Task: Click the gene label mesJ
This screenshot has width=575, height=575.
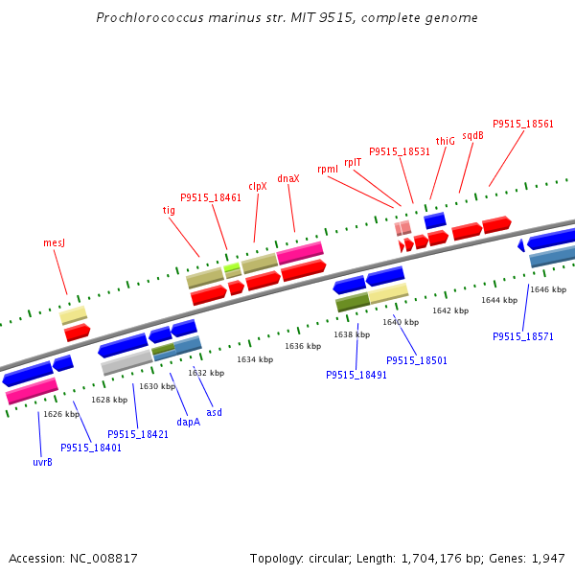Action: coord(54,243)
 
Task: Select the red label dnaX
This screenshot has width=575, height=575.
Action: coord(288,178)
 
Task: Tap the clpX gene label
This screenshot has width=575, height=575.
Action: coord(258,187)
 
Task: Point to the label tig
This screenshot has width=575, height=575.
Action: coord(169,210)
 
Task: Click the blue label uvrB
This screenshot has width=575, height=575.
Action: coord(42,462)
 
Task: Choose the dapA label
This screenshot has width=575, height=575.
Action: coord(189,422)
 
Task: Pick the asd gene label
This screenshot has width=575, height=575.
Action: coord(215,412)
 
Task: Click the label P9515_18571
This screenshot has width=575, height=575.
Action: coord(523,336)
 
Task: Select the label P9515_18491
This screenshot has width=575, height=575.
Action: coord(356,375)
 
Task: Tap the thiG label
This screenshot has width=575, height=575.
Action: coord(446,141)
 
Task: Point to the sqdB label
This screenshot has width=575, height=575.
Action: coord(473,135)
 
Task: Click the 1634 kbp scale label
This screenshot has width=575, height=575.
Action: coord(255,359)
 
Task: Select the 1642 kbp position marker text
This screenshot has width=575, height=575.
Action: coord(450,310)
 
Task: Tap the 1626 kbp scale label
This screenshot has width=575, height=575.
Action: coord(61,414)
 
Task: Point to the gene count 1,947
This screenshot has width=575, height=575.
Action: coord(546,558)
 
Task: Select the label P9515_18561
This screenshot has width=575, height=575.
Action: coord(523,124)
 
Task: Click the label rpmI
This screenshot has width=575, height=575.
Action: coord(328,169)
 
